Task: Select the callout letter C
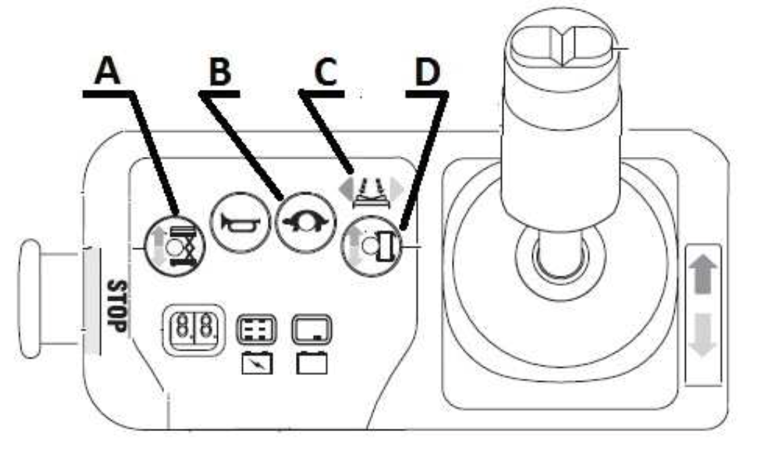[x=325, y=72]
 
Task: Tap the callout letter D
[x=428, y=72]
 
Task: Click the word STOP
[x=117, y=306]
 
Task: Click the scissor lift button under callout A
[x=174, y=246]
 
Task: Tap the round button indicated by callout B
[x=305, y=223]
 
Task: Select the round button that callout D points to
[x=371, y=246]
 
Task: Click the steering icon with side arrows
[x=371, y=190]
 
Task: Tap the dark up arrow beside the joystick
[x=704, y=274]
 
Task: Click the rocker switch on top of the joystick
[x=562, y=46]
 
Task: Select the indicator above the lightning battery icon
[x=256, y=330]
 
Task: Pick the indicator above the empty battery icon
[x=312, y=330]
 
